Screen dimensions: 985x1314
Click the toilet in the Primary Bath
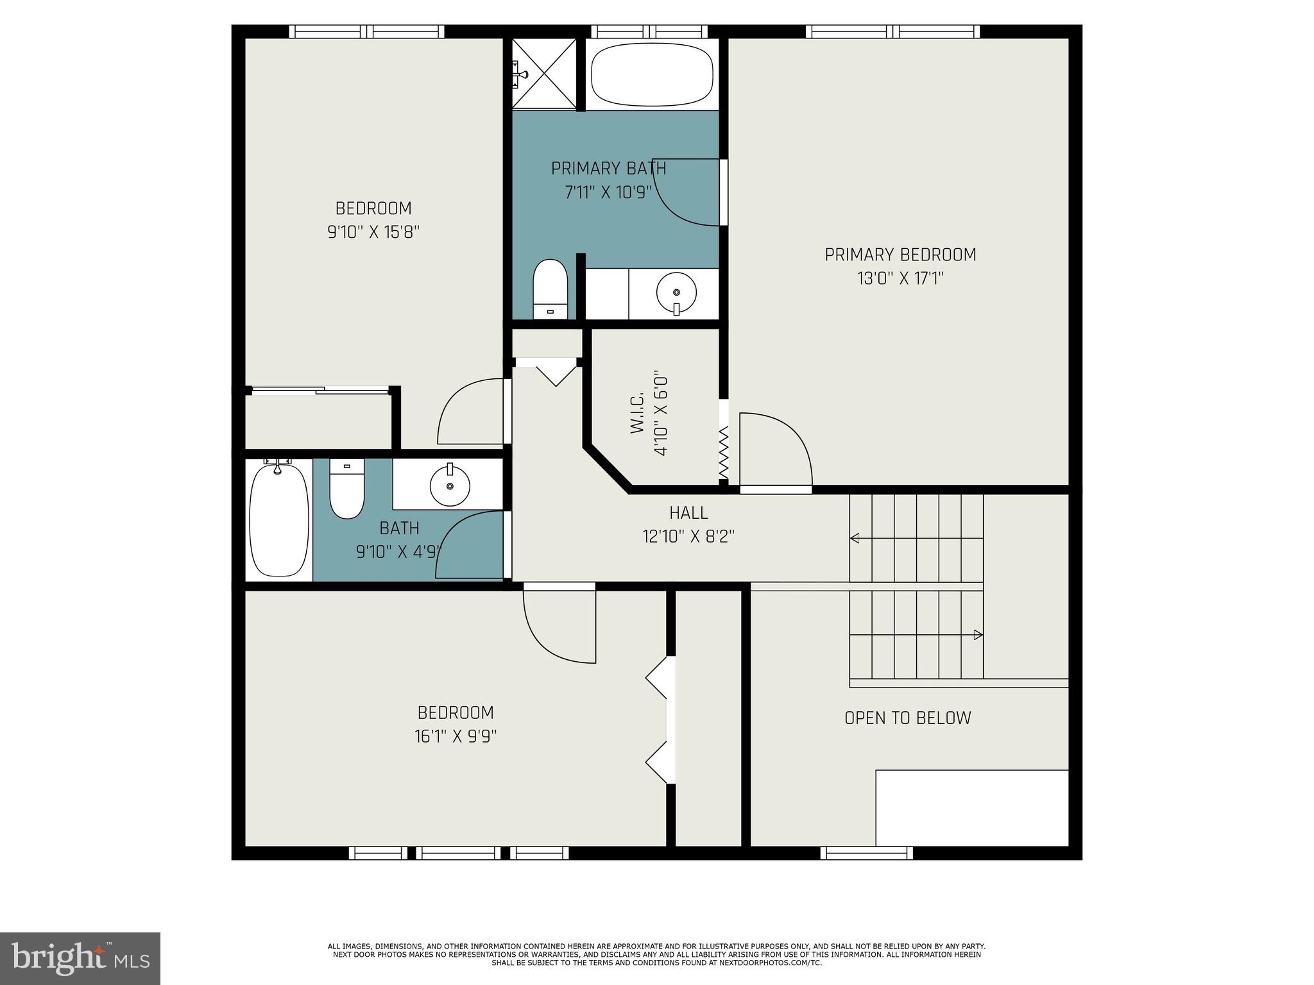[550, 289]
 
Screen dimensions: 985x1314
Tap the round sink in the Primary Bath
[676, 294]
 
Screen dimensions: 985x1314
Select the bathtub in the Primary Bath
[652, 75]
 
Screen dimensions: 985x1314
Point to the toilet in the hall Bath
[346, 489]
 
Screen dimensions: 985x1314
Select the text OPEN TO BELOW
[907, 718]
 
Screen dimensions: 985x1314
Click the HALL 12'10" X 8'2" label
[688, 525]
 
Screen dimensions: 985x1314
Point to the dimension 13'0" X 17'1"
[900, 278]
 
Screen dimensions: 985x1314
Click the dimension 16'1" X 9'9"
[456, 736]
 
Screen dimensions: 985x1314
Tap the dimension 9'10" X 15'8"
[373, 232]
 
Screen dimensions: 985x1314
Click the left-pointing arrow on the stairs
[855, 538]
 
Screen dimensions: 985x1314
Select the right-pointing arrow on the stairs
[977, 635]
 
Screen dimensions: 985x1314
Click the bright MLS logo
[80, 958]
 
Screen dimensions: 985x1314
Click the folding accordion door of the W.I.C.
[724, 453]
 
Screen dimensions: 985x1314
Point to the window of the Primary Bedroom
[892, 31]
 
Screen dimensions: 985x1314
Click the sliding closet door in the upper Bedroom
[320, 390]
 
